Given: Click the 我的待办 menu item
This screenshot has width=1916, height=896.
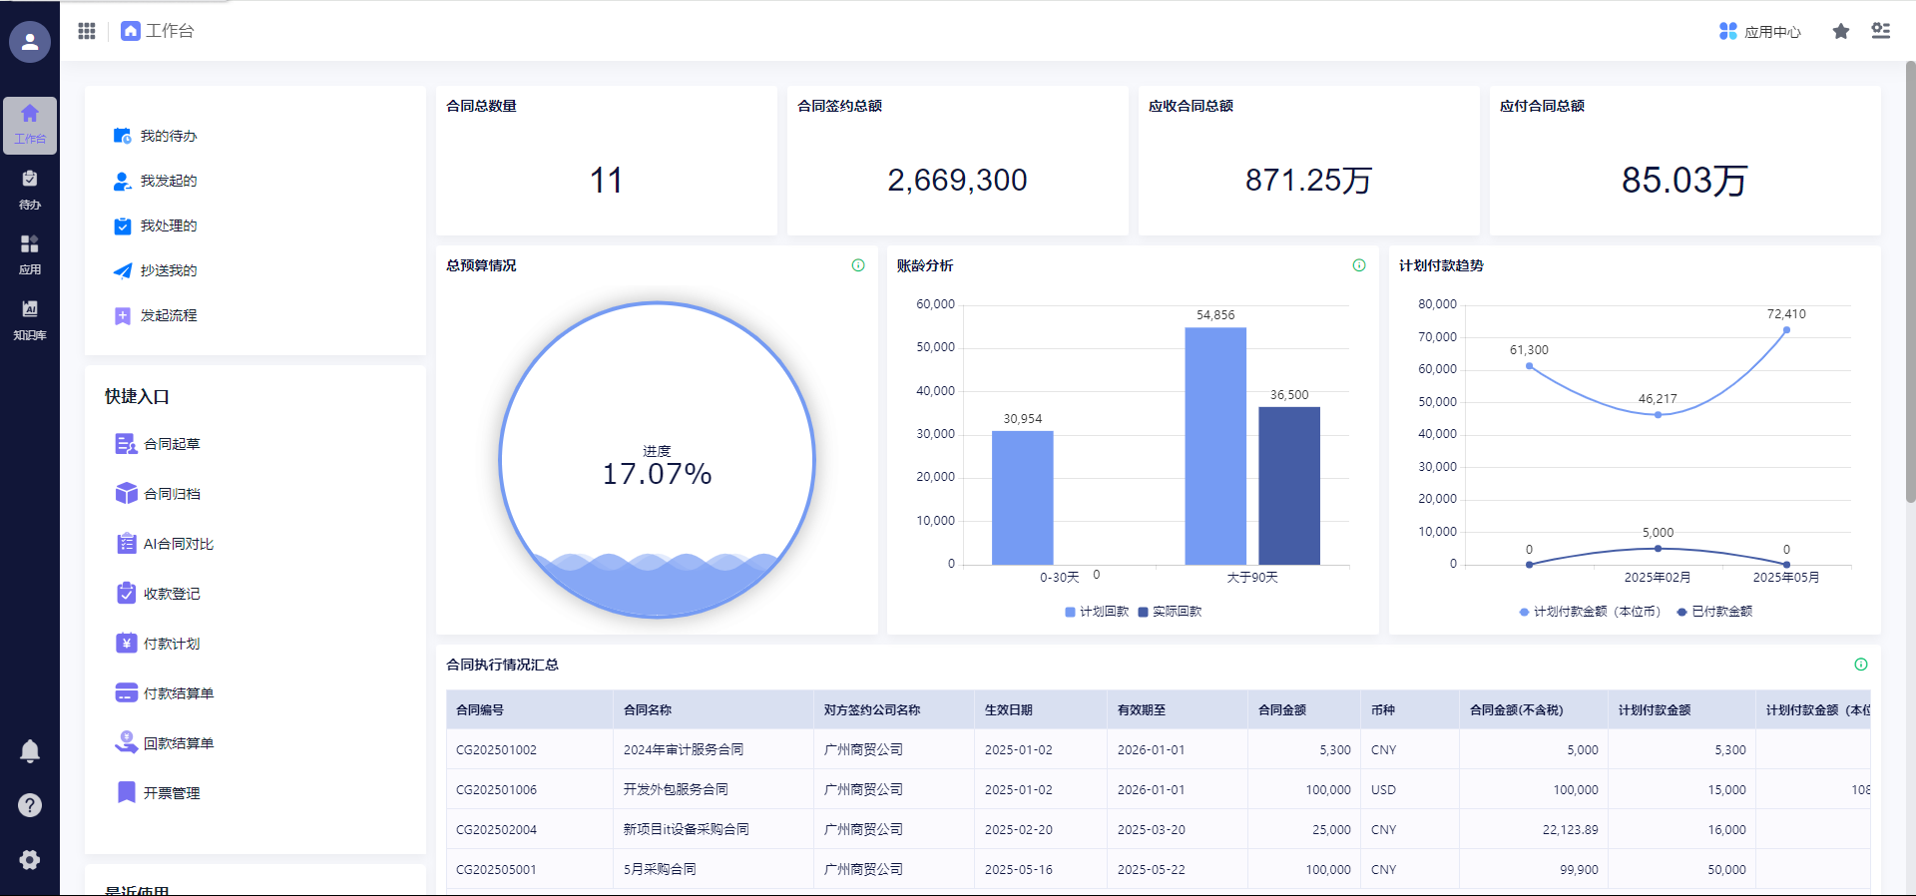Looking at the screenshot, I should point(168,136).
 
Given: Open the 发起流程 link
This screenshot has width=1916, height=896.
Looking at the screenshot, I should point(168,315).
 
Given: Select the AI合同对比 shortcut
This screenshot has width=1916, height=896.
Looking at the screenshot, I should point(178,544).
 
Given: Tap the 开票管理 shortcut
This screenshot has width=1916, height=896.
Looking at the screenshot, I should point(172,793).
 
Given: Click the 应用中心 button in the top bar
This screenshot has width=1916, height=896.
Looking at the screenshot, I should point(1760,32).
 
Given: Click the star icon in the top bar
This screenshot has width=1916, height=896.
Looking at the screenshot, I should point(1841,32).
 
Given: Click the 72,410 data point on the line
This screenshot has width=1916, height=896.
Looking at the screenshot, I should point(1786,330).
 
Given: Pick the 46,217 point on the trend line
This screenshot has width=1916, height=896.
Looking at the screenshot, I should point(1658,414).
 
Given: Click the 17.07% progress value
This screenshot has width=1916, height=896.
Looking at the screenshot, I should point(657,474).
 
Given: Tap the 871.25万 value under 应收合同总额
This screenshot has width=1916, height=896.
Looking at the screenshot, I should point(1308,181).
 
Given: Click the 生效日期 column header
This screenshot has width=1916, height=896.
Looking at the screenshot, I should point(1008,710).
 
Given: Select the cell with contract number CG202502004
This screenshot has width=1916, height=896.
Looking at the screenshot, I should point(496,829).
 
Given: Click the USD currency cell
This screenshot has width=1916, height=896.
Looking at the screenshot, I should point(1383,789).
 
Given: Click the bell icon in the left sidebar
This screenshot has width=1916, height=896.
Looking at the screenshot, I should point(30,751).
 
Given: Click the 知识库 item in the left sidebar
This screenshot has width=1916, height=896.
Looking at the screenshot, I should point(30,320).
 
